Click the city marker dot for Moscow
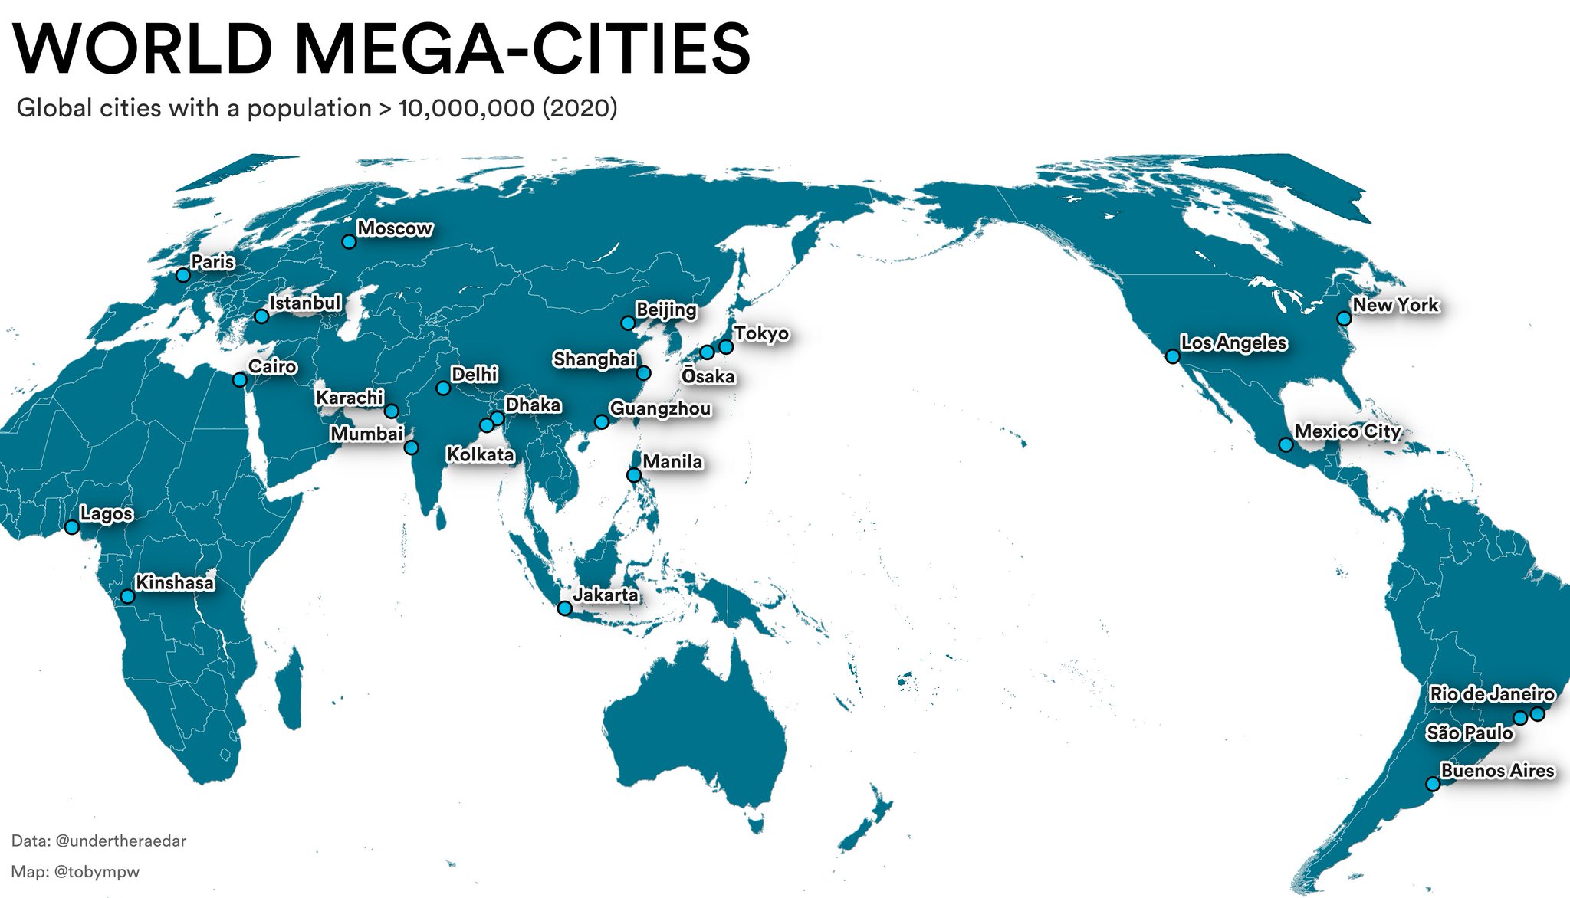click(x=349, y=241)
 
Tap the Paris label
click(x=212, y=262)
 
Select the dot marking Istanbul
click(x=261, y=316)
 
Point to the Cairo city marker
click(x=240, y=379)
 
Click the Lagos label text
click(x=107, y=514)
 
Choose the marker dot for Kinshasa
click(x=127, y=596)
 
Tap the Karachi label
click(x=350, y=398)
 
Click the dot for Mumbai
click(x=411, y=447)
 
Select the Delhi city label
click(x=474, y=375)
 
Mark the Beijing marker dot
click(x=628, y=323)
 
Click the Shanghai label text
click(x=594, y=359)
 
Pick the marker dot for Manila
click(x=634, y=475)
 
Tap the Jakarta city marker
click(x=564, y=608)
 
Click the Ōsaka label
click(x=708, y=377)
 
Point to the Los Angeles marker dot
click(x=1172, y=356)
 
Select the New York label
click(x=1395, y=306)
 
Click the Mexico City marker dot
click(x=1286, y=444)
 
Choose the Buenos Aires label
click(x=1497, y=771)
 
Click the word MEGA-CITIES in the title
click(x=522, y=49)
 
